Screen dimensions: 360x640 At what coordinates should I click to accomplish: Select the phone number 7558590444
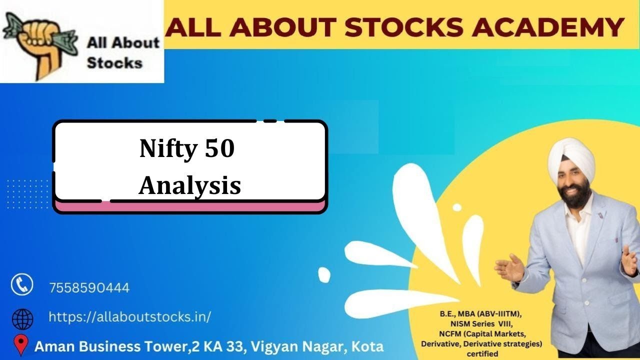pyautogui.click(x=89, y=288)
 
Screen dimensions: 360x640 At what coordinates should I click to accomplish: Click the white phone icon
pyautogui.click(x=22, y=285)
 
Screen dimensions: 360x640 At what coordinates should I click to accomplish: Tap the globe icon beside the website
pyautogui.click(x=22, y=318)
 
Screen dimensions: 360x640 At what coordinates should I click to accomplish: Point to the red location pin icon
pyautogui.click(x=20, y=345)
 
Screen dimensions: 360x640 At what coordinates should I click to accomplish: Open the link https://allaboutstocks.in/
pyautogui.click(x=129, y=316)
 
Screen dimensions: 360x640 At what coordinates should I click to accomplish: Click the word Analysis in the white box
pyautogui.click(x=190, y=185)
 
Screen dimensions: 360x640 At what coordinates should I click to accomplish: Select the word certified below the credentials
pyautogui.click(x=482, y=354)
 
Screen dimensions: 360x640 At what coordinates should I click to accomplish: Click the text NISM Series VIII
pyautogui.click(x=482, y=323)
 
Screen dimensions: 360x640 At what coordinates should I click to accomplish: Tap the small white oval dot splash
pyautogui.click(x=324, y=274)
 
